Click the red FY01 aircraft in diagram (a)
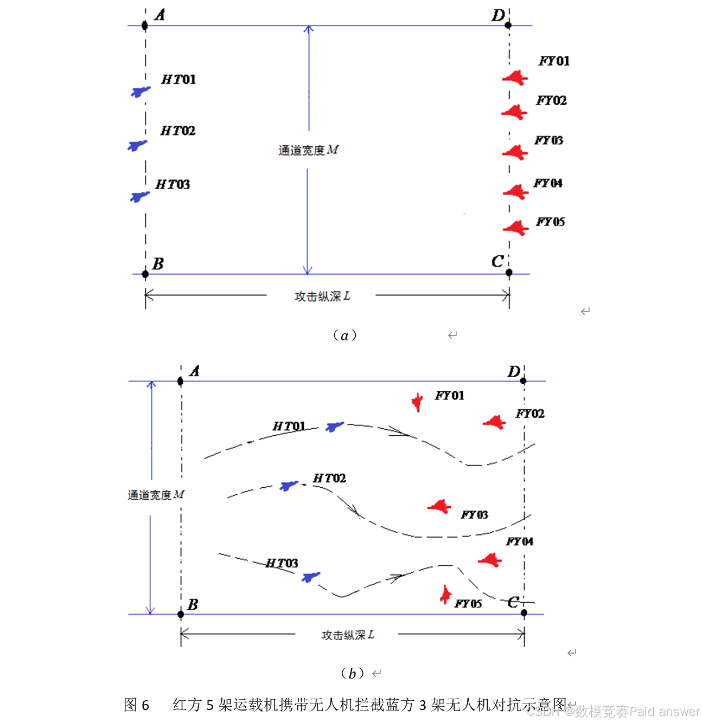pyautogui.click(x=515, y=78)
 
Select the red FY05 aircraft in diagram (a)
pyautogui.click(x=516, y=228)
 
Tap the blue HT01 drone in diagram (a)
pyautogui.click(x=141, y=92)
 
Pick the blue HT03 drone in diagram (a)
pyautogui.click(x=139, y=196)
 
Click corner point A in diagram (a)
pyautogui.click(x=145, y=25)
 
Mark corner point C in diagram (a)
pyautogui.click(x=509, y=273)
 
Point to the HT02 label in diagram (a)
pyautogui.click(x=178, y=131)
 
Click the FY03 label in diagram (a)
pyautogui.click(x=548, y=140)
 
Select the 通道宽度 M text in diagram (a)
pyautogui.click(x=308, y=150)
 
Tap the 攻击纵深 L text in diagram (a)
pyautogui.click(x=322, y=296)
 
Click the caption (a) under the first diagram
pyautogui.click(x=344, y=335)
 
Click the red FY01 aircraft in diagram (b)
pyautogui.click(x=417, y=402)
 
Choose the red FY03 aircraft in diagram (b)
pyautogui.click(x=440, y=507)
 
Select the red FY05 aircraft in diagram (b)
pyautogui.click(x=445, y=595)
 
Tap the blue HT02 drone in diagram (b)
pyautogui.click(x=289, y=485)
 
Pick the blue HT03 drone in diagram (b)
pyautogui.click(x=311, y=577)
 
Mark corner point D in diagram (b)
pyautogui.click(x=524, y=381)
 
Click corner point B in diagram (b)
pyautogui.click(x=181, y=614)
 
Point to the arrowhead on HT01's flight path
pyautogui.click(x=399, y=432)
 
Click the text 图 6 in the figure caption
pyautogui.click(x=136, y=705)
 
